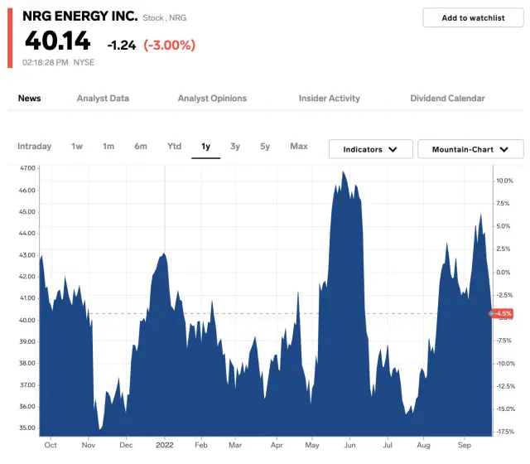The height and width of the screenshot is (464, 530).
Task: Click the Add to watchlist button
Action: coord(473,17)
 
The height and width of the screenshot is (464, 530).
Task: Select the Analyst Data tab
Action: coord(103,99)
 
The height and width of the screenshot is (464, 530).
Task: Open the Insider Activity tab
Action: coord(329,99)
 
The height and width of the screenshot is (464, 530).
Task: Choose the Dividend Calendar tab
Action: coord(447,99)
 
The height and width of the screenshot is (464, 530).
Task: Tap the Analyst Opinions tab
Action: coord(212,99)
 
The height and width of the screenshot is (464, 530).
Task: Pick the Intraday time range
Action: coord(34,147)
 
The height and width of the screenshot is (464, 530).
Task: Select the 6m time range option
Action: coord(141,147)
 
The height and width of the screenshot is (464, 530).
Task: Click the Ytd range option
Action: coord(174,147)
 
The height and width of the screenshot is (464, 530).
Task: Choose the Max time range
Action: coord(299,147)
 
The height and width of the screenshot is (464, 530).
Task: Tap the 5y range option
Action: coord(265,147)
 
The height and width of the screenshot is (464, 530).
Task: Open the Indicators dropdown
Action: coord(370,149)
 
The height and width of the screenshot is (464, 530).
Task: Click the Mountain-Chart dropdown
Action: coord(470,149)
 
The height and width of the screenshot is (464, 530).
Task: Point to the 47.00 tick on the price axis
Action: coord(27,168)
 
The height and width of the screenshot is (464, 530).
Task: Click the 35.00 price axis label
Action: coord(27,428)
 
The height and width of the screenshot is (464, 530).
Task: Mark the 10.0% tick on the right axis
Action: coord(504,181)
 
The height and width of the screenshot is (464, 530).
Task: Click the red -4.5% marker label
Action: coord(503,313)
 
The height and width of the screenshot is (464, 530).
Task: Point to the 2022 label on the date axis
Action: coord(164,444)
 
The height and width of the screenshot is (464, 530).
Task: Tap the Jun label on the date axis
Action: coord(349,444)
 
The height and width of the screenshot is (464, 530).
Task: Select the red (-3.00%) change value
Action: coord(169,45)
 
